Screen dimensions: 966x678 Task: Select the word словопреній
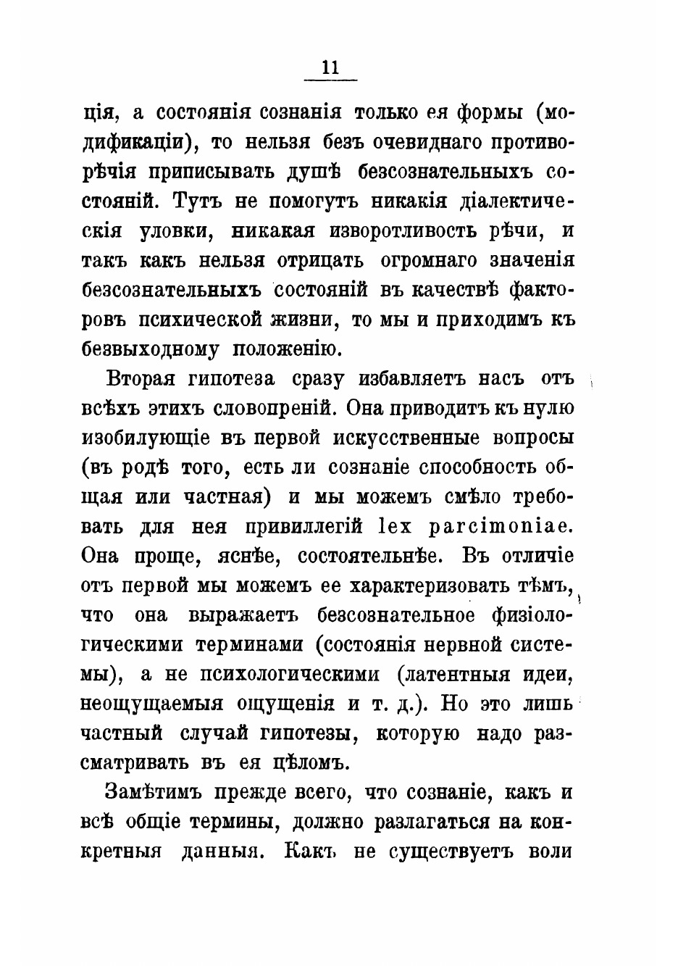[275, 409]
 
